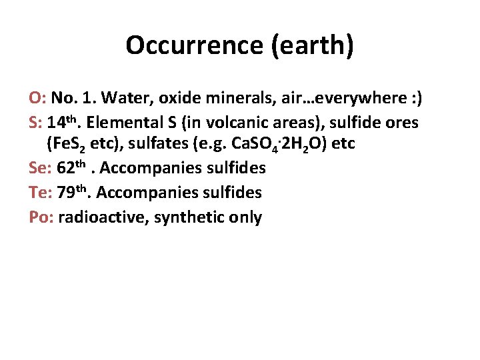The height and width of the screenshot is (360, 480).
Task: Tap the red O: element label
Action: tap(37, 99)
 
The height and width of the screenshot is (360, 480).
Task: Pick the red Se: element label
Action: tap(41, 168)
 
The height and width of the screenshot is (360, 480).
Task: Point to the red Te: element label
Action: tap(41, 193)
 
